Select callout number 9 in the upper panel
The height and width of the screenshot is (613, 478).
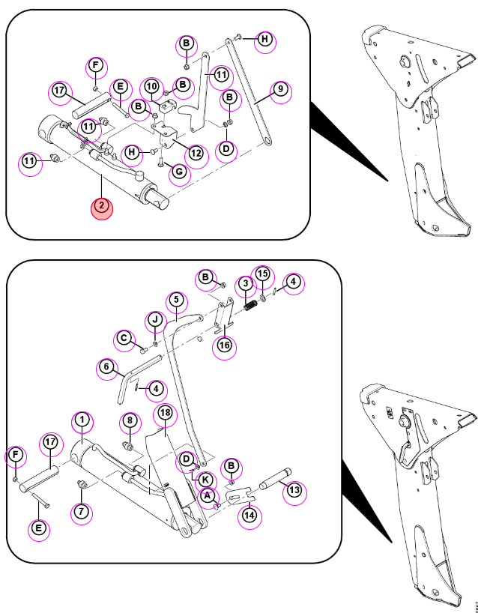280,89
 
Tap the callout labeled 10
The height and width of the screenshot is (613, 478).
152,86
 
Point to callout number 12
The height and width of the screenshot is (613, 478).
196,153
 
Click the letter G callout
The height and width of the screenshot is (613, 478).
179,171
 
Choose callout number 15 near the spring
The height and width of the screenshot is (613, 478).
263,274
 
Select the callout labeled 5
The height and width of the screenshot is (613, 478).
176,300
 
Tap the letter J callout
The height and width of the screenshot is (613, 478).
156,320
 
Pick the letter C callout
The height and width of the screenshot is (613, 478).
124,339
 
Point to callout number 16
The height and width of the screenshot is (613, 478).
225,345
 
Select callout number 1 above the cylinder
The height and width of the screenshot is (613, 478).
82,420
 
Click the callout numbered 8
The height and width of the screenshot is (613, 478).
130,420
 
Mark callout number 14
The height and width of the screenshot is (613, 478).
249,516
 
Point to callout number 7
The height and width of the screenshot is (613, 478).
82,511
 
